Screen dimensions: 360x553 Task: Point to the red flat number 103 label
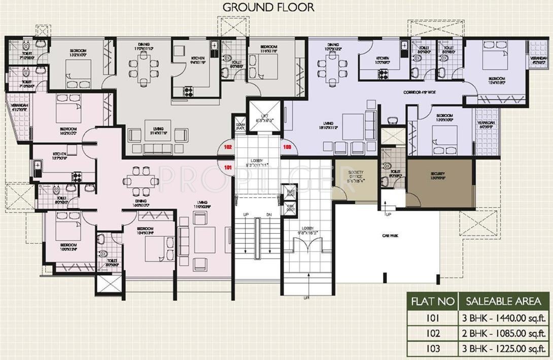point(288,148)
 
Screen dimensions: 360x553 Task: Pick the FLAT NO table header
point(432,302)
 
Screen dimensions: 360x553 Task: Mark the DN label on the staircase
point(269,215)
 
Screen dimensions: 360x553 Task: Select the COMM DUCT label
point(240,125)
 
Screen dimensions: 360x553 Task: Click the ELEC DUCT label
point(291,193)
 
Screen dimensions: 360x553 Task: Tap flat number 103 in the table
point(432,349)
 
